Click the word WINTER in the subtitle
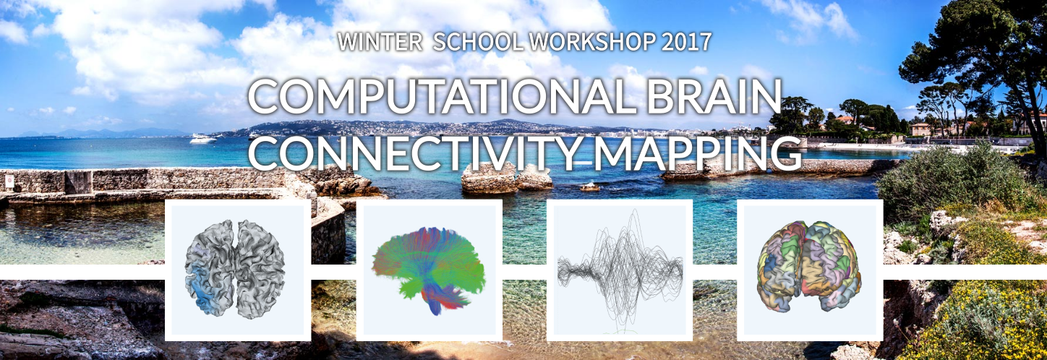380,42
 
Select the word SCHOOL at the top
479,42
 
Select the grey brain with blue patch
235,270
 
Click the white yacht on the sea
203,138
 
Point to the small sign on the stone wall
9,181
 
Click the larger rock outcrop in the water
489,178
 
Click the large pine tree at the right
977,51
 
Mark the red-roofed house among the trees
844,120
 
